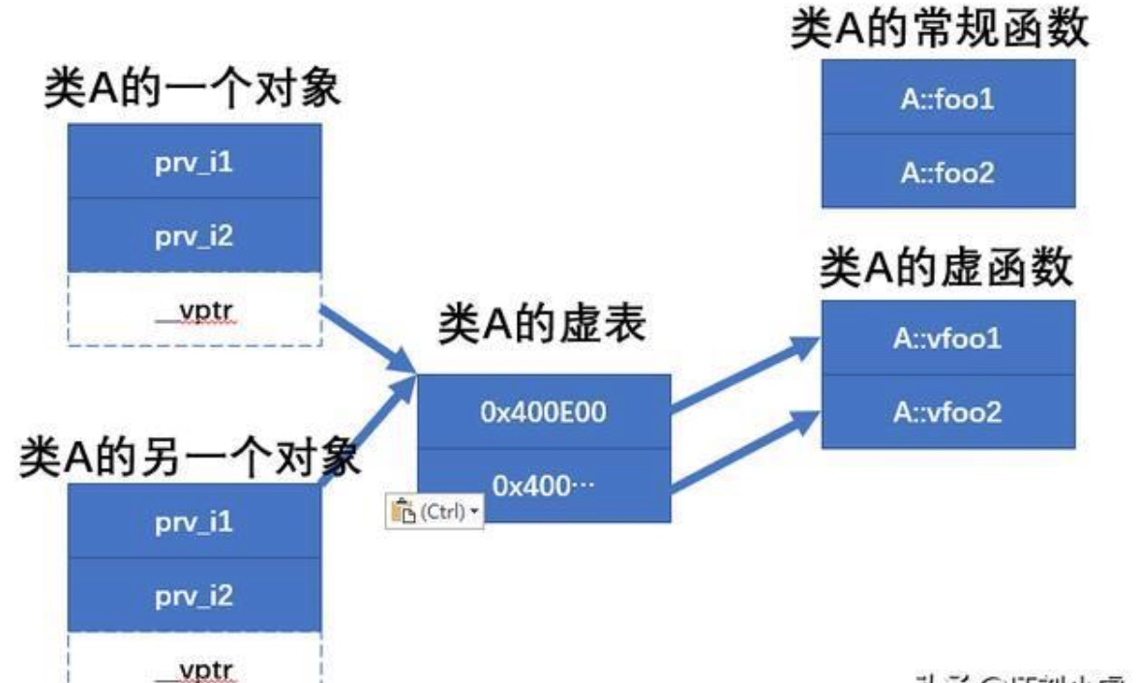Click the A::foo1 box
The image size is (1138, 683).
pyautogui.click(x=947, y=98)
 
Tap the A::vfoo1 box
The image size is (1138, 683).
pyautogui.click(x=947, y=339)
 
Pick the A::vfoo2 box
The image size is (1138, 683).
pyautogui.click(x=947, y=412)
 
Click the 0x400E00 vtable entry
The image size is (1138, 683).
pyautogui.click(x=543, y=412)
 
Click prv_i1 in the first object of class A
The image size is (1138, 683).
pyautogui.click(x=194, y=162)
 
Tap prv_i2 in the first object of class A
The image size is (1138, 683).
pyautogui.click(x=194, y=235)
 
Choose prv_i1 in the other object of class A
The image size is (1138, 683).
pyautogui.click(x=194, y=521)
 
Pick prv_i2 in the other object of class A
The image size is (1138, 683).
pyautogui.click(x=194, y=595)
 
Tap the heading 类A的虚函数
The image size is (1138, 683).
pyautogui.click(x=946, y=269)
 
